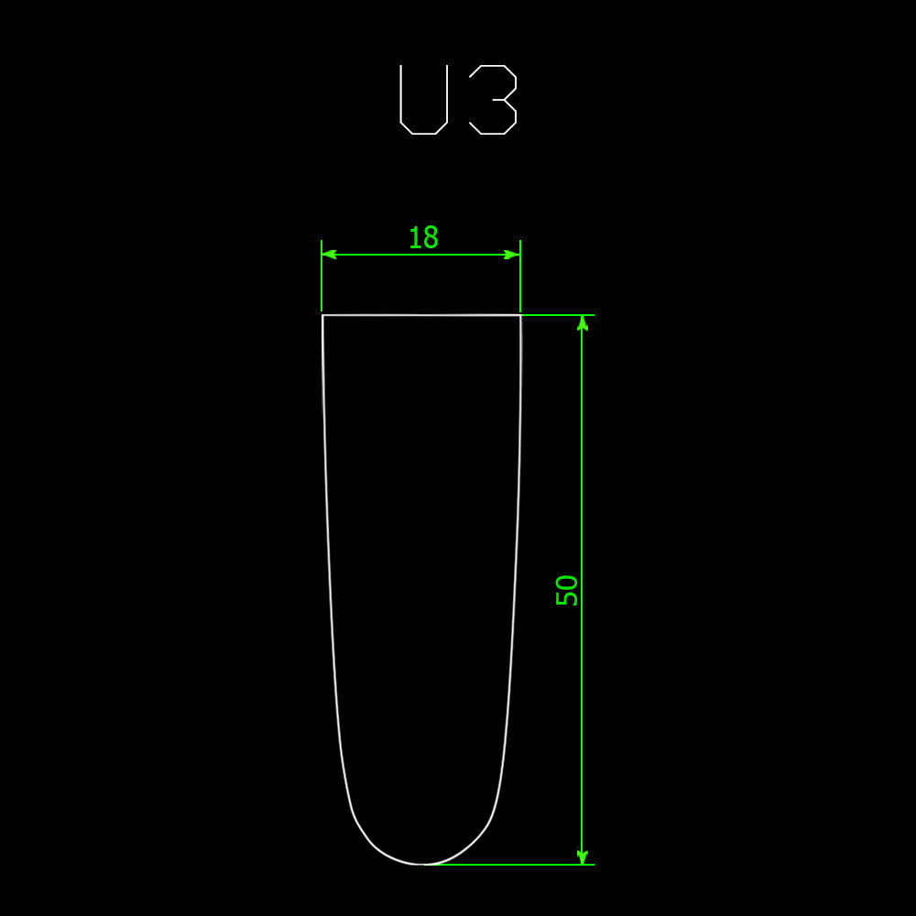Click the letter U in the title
(423, 100)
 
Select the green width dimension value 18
(423, 238)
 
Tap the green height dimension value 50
(567, 590)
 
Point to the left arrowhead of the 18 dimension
(328, 255)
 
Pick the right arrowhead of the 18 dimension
(513, 255)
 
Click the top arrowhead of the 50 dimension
(582, 322)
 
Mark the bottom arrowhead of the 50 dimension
(582, 857)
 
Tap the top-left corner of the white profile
(322, 315)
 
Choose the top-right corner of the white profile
(521, 315)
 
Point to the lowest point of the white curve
(421, 864)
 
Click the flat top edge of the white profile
(421, 315)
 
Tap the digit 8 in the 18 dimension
(431, 238)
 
